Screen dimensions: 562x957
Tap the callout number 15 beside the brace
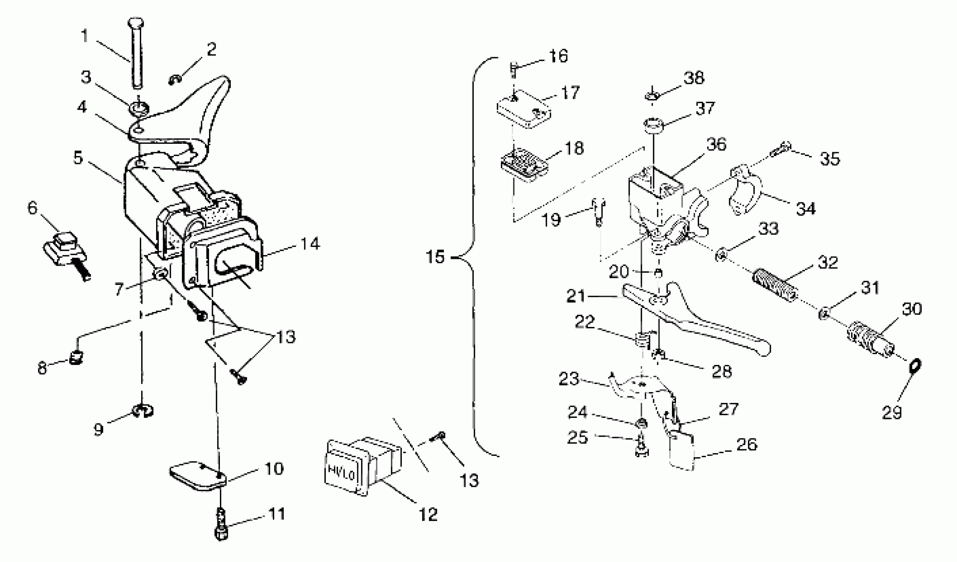[435, 257]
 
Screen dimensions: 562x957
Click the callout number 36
[716, 144]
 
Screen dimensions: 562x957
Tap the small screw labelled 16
[514, 70]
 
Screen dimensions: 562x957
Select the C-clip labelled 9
[143, 411]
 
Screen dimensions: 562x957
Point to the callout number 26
[747, 444]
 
